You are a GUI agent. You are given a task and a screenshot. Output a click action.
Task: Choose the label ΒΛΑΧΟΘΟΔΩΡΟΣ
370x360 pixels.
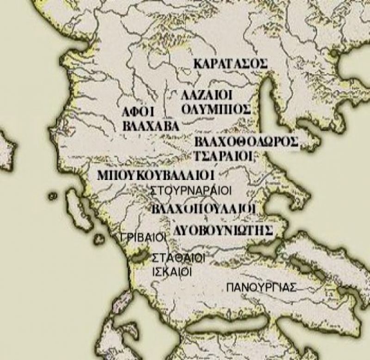246,142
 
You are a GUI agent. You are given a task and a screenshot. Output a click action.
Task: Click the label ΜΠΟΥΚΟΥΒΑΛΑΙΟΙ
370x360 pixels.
155,176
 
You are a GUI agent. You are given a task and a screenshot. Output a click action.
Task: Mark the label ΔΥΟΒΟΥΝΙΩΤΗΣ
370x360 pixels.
222,230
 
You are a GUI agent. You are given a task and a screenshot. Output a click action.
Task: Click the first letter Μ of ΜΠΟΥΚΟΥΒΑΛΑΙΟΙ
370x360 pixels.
103,176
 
